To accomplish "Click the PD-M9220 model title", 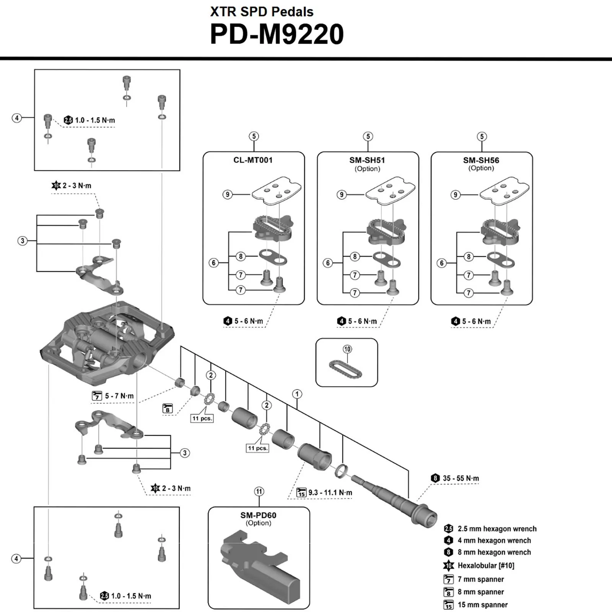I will coord(277,34).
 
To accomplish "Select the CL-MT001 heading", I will coord(253,160).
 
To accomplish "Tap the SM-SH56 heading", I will coord(481,160).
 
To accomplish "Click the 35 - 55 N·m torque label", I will coord(461,479).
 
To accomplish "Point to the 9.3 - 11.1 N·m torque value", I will coord(330,493).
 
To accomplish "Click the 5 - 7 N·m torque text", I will coord(119,396).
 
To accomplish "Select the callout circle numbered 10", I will coord(347,349).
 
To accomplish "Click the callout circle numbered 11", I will coord(259,492).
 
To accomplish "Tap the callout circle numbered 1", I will coord(297,394).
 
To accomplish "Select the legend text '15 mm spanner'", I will coord(482,605).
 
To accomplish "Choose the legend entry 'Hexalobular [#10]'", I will coord(486,565).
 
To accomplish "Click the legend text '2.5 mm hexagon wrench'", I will coord(497,529).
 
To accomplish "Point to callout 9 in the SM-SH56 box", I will coord(455,195).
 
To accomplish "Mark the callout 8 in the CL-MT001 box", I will coord(241,256).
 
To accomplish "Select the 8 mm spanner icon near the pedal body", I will coord(168,409).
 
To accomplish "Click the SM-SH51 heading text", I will coord(367,160).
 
